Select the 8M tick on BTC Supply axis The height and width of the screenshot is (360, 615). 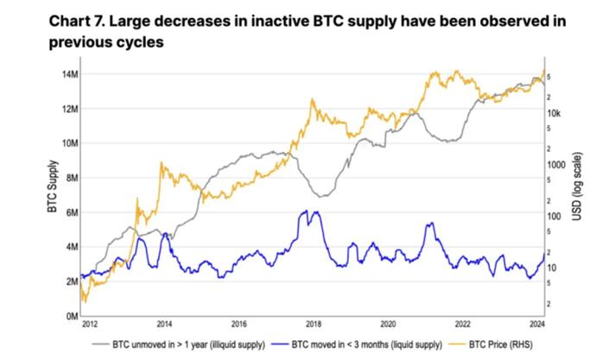[69, 178]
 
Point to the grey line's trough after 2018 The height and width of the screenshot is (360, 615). [320, 197]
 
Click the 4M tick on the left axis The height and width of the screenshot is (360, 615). [69, 247]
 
